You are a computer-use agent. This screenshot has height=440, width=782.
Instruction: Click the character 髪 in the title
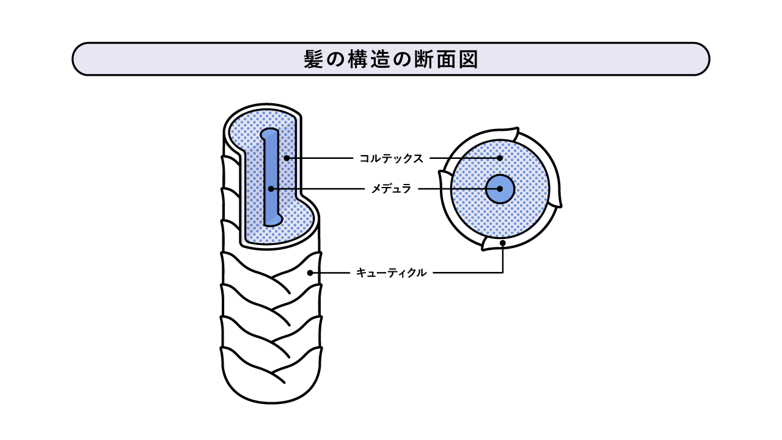coord(313,59)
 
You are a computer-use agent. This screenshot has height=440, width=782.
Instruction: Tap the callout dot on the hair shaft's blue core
coord(271,189)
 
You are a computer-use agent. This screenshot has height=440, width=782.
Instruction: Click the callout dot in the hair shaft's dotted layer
coord(287,158)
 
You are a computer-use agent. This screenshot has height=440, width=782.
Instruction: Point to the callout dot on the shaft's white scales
coord(310,273)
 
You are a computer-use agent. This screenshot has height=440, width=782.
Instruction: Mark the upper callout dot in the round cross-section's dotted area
coord(500,158)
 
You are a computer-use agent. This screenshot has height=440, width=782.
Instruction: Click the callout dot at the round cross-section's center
coord(500,189)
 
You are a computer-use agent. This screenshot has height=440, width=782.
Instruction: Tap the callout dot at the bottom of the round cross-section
coord(503,243)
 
